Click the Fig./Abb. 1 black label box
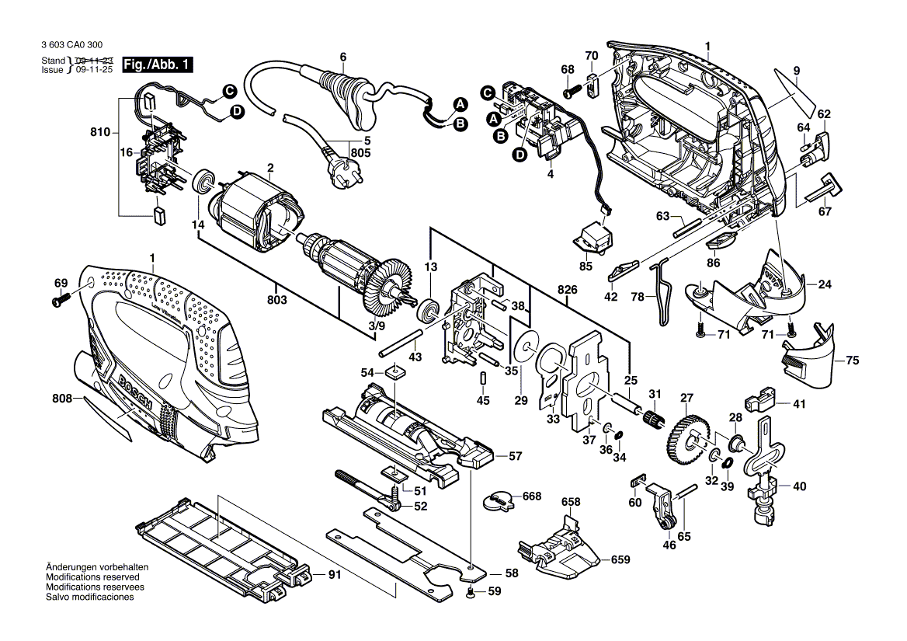[158, 64]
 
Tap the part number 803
[278, 300]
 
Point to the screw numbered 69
[60, 301]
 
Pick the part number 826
[567, 290]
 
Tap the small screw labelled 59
[471, 591]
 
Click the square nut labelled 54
[395, 372]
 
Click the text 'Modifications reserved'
[92, 577]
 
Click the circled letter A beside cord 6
[460, 105]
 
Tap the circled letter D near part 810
[238, 112]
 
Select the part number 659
[620, 559]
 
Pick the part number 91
[335, 575]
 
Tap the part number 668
[532, 496]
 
